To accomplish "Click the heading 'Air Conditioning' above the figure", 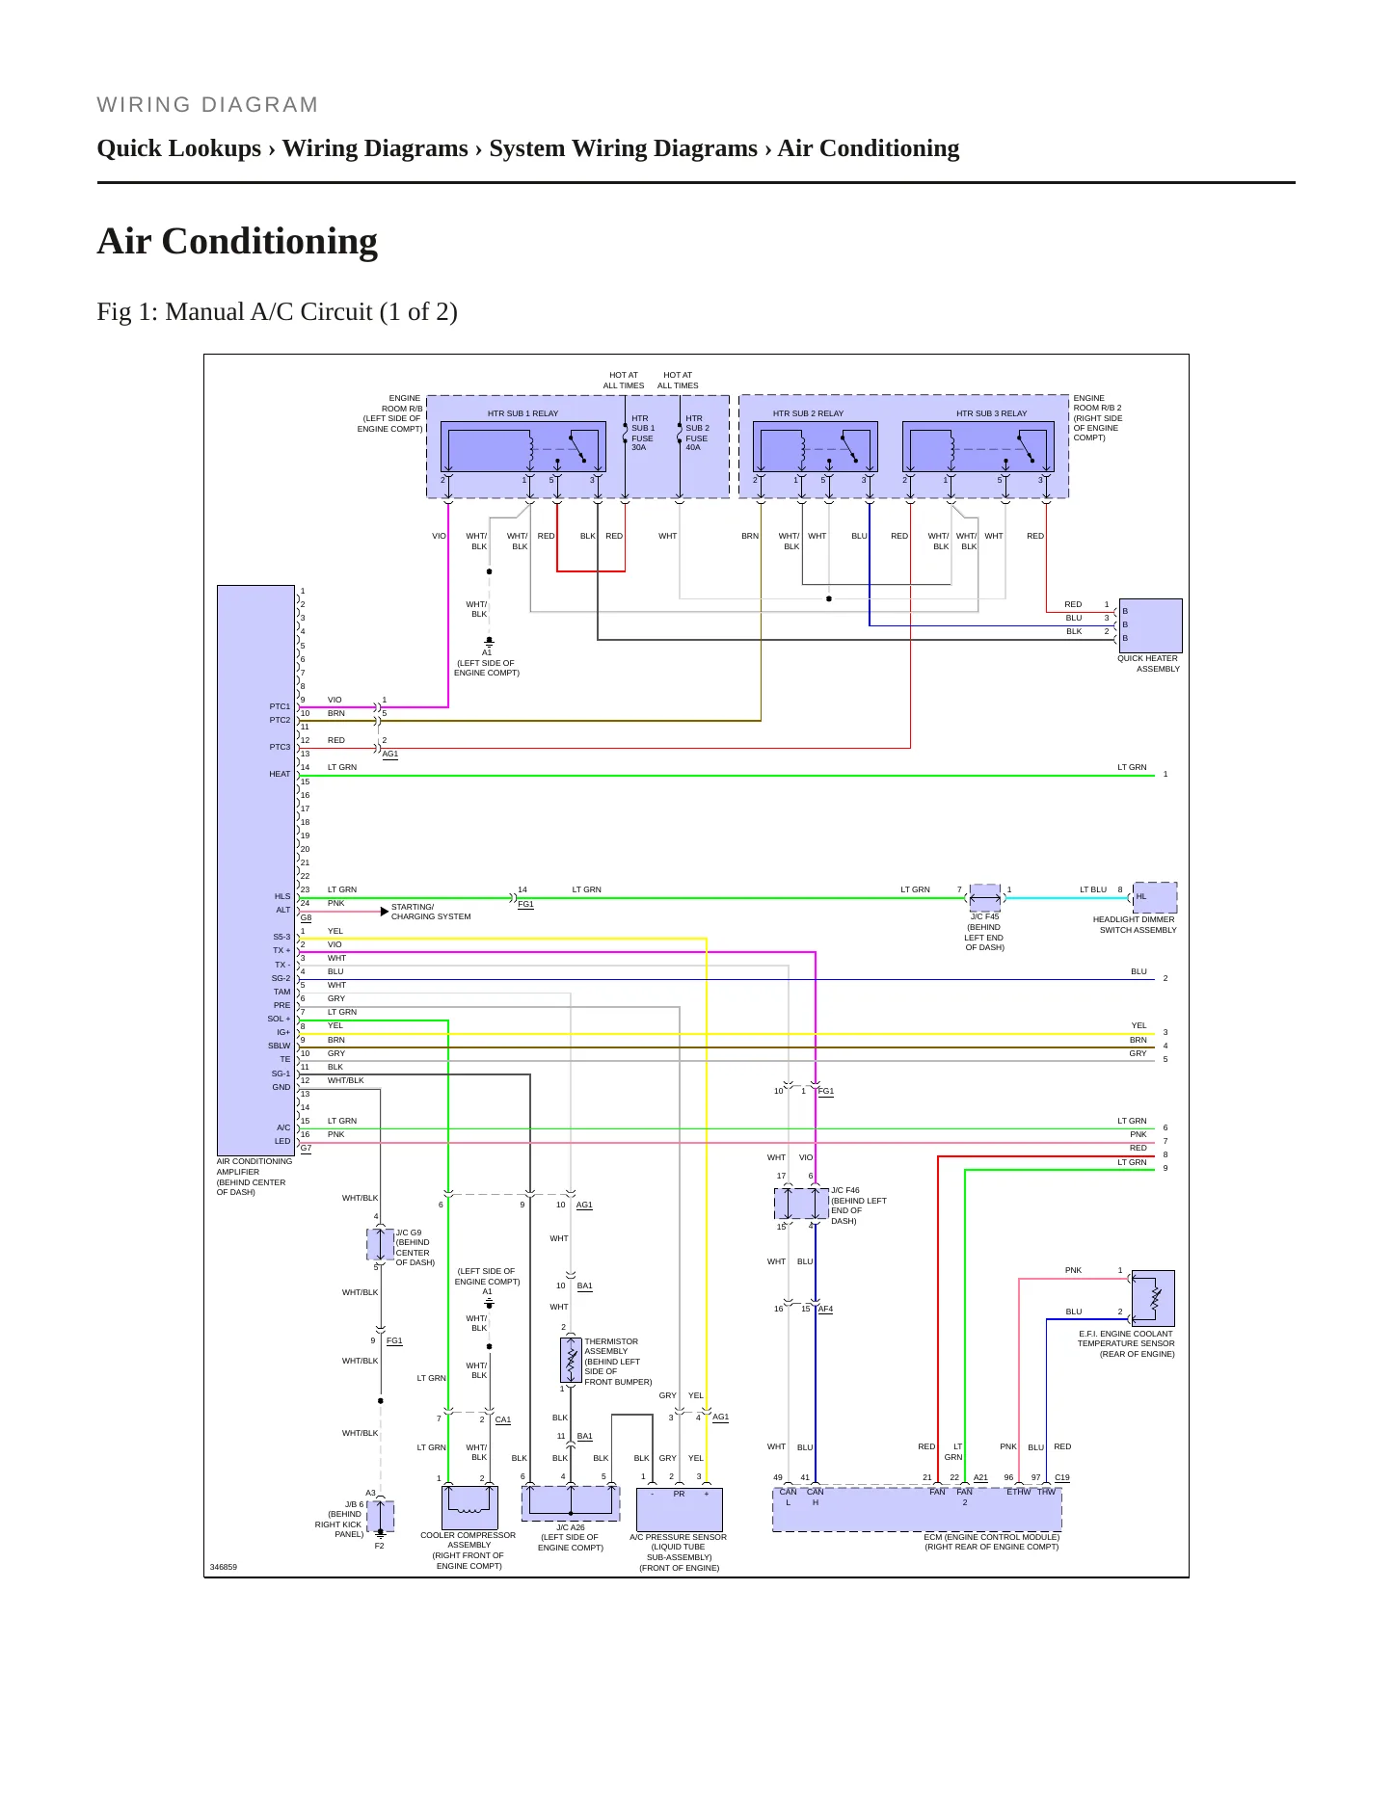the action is (x=237, y=241).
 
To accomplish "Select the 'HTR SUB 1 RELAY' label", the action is (x=522, y=413).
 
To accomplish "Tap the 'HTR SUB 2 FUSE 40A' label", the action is (x=697, y=433).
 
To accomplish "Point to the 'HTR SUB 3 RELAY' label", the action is (x=991, y=413).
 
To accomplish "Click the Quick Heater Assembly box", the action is (x=1150, y=625).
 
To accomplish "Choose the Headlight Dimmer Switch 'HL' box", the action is (x=1155, y=897).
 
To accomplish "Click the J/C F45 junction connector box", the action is (x=984, y=898).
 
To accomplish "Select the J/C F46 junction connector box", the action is (x=801, y=1204).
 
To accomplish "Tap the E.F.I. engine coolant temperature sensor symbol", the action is (x=1153, y=1298).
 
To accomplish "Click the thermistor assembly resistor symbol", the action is (x=572, y=1360).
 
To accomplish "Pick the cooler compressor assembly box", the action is (x=469, y=1507).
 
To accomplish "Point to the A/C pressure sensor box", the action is (x=680, y=1510).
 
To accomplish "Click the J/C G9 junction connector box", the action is (x=381, y=1244).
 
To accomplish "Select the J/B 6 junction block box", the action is (x=381, y=1516).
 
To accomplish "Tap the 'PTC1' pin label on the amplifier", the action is (x=280, y=706).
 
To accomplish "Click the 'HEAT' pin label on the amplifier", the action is (x=280, y=774).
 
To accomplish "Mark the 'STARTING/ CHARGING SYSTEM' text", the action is (x=431, y=912).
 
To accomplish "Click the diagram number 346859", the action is (x=224, y=1567).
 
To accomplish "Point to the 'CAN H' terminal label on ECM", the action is (x=816, y=1497).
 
